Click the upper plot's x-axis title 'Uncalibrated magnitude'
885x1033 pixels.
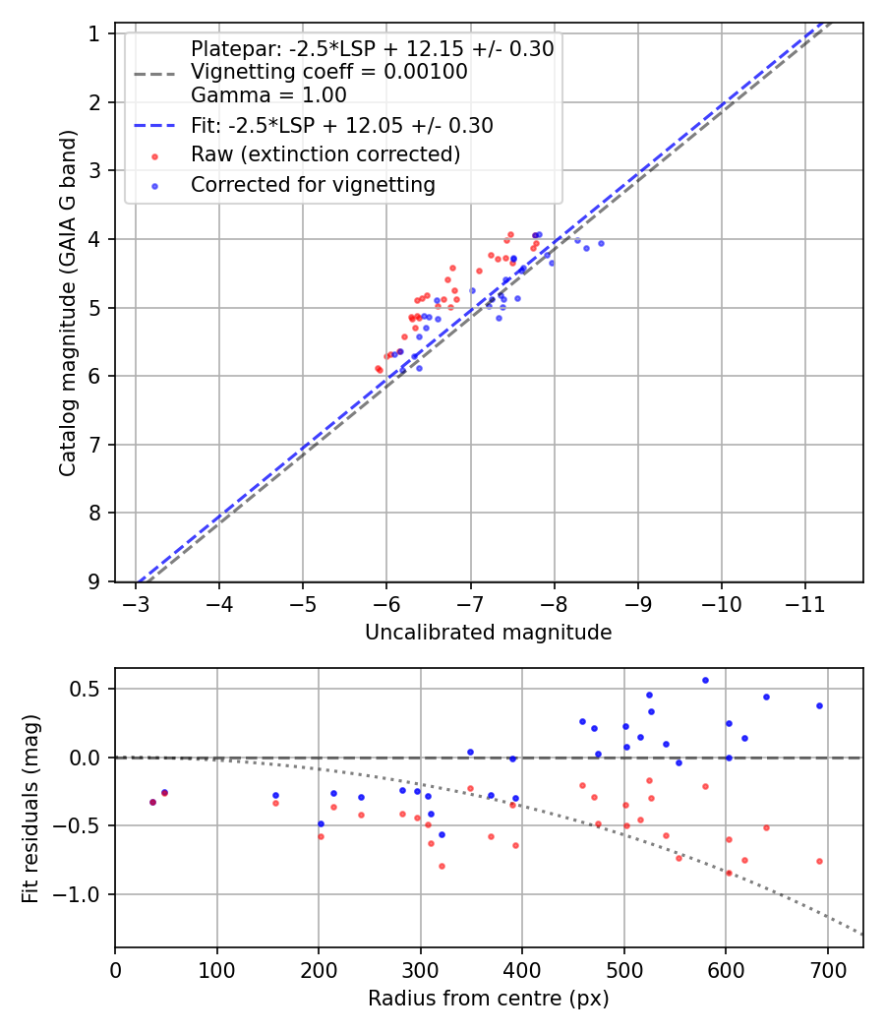click(x=488, y=633)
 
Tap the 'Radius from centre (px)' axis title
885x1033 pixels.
click(x=488, y=999)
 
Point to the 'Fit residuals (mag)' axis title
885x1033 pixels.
click(x=31, y=808)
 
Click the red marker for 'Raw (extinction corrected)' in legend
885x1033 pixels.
click(x=154, y=155)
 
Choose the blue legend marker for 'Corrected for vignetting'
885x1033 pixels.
click(x=154, y=185)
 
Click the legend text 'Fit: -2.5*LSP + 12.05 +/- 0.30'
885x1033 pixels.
click(x=341, y=126)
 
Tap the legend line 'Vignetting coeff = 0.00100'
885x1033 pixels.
click(x=328, y=72)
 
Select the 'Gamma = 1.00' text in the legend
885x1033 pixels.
click(x=268, y=95)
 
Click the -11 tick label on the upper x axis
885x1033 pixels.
click(x=805, y=602)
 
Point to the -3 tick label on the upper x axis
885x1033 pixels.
click(x=136, y=602)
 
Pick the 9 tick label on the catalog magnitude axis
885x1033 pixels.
click(x=95, y=581)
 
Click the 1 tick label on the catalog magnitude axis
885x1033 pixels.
click(x=95, y=34)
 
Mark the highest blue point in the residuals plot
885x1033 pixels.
click(x=705, y=680)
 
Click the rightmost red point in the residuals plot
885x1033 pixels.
click(x=819, y=861)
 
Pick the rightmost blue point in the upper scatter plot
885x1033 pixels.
click(x=601, y=243)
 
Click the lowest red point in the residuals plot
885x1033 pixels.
click(x=729, y=873)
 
